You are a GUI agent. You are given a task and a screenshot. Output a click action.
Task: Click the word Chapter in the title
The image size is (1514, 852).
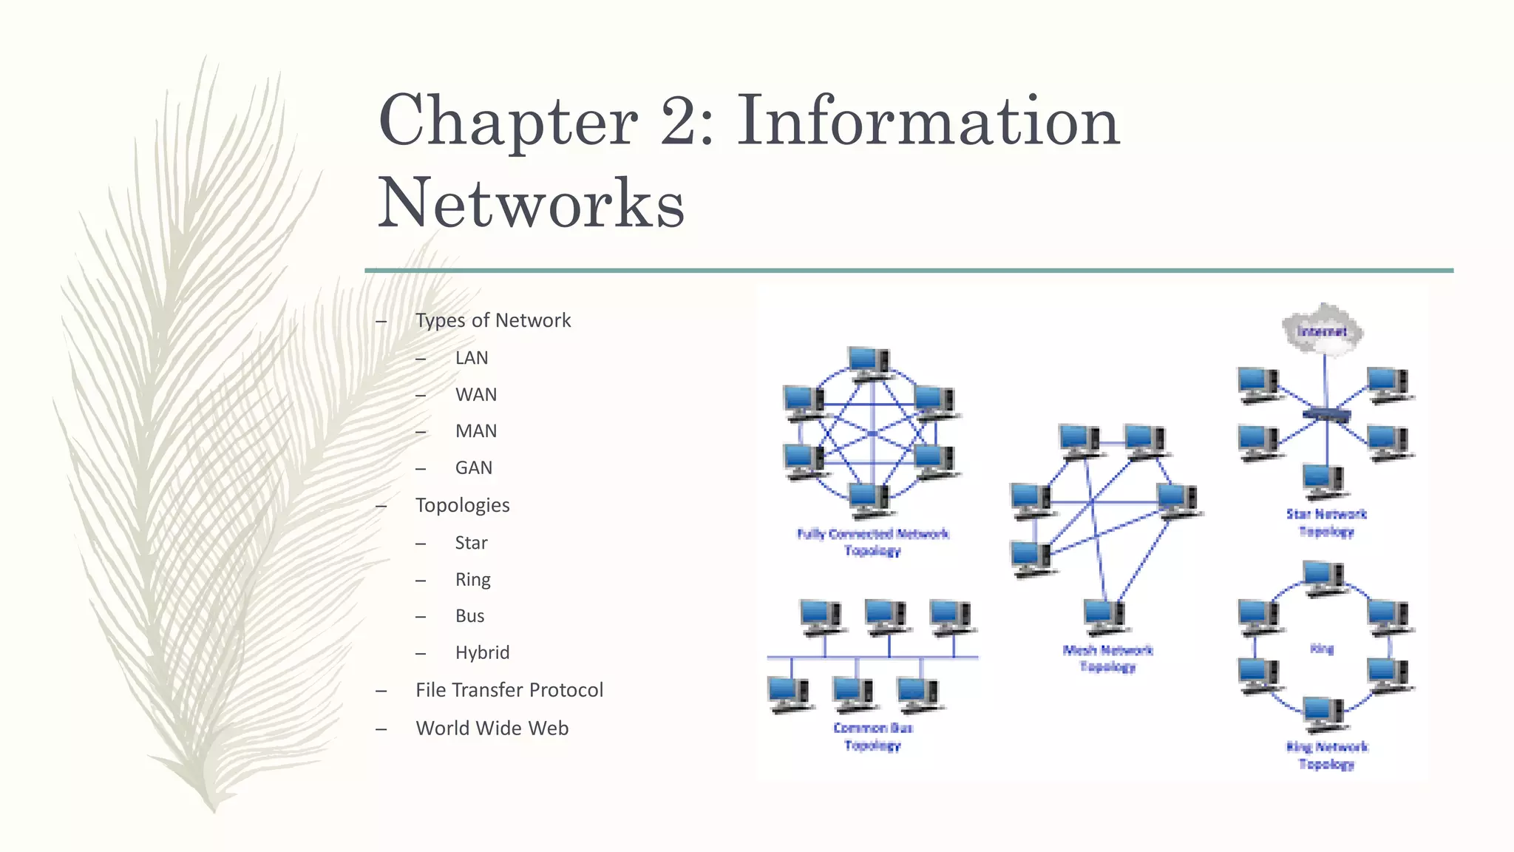coord(508,121)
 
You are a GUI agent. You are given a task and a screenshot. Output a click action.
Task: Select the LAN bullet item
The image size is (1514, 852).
coord(472,358)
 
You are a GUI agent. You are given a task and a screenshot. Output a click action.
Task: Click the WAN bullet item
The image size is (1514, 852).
coord(476,395)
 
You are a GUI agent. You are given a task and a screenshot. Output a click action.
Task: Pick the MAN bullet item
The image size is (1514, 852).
coord(476,431)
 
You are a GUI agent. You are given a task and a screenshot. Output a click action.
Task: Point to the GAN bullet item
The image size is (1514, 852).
coord(474,468)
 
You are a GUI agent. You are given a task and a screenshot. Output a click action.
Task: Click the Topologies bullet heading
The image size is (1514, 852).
coord(463,505)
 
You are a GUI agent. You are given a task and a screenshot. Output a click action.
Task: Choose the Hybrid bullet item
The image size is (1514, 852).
coord(482,652)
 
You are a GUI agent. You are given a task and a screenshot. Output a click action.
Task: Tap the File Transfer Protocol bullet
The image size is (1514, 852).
coord(509,690)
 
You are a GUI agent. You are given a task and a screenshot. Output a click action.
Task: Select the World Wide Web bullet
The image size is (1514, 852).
coord(492,728)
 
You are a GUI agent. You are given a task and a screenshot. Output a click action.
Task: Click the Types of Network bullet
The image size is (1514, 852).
coord(493,320)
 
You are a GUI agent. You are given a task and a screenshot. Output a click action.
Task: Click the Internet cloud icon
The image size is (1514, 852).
coord(1323,330)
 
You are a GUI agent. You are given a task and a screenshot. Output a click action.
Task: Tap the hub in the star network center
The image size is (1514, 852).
coord(1326,414)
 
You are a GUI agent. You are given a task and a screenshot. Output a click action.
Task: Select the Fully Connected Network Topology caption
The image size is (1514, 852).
coord(872,542)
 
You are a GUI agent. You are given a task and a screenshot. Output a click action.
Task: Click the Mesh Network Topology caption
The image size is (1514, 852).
coord(1107,658)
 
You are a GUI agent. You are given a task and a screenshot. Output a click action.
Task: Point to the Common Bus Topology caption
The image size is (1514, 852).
coord(872,737)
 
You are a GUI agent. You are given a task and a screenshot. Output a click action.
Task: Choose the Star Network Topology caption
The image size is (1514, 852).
coord(1326,522)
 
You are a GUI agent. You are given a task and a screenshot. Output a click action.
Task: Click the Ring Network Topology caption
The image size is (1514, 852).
coord(1326,755)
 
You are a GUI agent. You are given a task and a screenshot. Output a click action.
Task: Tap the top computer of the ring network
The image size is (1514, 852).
coord(1323,577)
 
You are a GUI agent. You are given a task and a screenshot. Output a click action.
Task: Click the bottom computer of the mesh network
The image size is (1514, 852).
coord(1104,615)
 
